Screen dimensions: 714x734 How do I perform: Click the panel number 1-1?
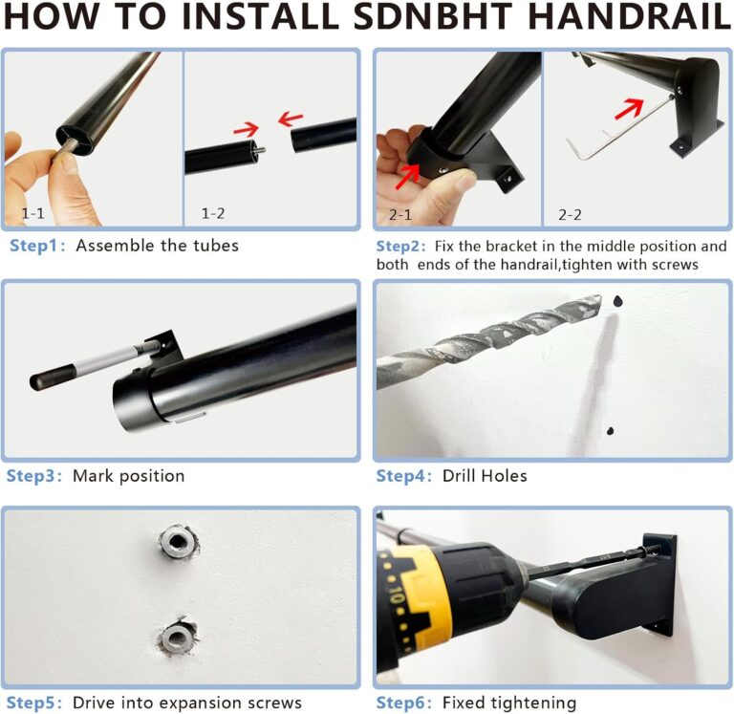[x=36, y=214]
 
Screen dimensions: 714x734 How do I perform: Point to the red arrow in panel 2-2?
[x=628, y=107]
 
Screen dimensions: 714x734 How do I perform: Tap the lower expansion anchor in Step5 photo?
[x=177, y=634]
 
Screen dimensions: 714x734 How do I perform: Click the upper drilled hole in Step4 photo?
[x=617, y=301]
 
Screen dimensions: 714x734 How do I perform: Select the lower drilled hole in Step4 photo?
[x=610, y=431]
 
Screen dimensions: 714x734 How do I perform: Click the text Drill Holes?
[x=484, y=476]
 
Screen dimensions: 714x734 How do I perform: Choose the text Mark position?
[x=129, y=476]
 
